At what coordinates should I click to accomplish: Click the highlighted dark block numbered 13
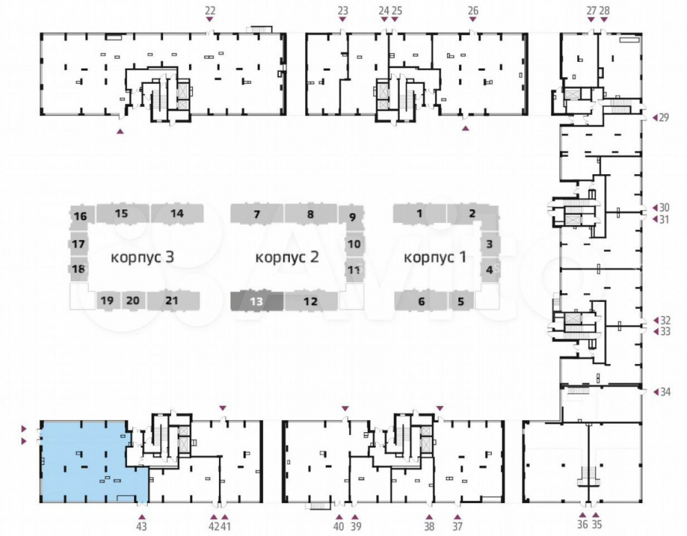click(257, 301)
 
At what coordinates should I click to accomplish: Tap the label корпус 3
click(142, 257)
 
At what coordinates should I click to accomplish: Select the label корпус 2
click(287, 257)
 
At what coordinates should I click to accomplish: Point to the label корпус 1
click(435, 257)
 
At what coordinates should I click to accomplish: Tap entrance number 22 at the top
click(210, 10)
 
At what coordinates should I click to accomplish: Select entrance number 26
click(473, 10)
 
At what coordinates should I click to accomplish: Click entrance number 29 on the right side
click(664, 118)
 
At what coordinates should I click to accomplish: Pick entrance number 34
click(665, 392)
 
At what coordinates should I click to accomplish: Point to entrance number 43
click(142, 526)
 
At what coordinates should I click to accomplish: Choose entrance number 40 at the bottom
click(339, 526)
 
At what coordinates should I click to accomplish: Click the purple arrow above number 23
click(343, 20)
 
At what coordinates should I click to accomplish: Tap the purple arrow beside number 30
click(655, 208)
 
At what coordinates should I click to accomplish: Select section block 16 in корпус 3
click(80, 216)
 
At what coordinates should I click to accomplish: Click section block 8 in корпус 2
click(311, 214)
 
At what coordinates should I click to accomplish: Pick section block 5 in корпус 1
click(460, 301)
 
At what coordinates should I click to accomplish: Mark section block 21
click(172, 301)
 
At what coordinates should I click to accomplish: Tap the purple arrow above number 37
click(458, 517)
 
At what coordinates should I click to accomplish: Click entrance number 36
click(583, 524)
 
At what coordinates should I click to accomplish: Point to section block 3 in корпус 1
click(489, 244)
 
